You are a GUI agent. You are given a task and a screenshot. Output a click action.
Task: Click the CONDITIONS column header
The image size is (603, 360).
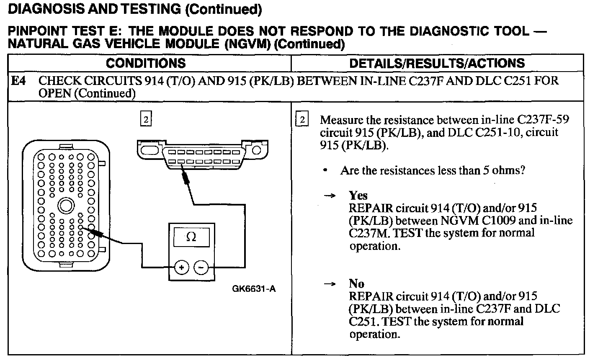[x=145, y=63]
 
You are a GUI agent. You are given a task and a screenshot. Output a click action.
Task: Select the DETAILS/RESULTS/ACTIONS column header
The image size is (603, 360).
[x=437, y=63]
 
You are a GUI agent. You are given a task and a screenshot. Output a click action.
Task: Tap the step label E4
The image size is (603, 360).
[x=18, y=80]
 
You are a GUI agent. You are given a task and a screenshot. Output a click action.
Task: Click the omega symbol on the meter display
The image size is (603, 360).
[x=191, y=237]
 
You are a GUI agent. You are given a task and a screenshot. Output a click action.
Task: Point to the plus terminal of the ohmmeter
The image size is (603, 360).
[x=181, y=267]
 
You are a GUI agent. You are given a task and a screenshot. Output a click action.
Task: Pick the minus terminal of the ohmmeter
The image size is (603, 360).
[x=201, y=267]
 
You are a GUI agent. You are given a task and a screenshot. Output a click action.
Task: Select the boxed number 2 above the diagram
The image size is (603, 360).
[x=145, y=119]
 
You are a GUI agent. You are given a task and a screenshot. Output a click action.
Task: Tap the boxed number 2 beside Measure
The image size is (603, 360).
[x=301, y=120]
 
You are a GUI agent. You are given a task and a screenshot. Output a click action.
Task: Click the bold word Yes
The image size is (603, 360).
[x=358, y=195]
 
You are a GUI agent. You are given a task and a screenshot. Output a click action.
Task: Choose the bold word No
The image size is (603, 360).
[x=356, y=283]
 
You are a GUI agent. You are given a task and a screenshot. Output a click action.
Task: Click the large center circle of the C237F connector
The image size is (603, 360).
[x=65, y=206]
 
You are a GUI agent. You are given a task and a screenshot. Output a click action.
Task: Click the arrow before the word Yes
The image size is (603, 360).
[x=331, y=196]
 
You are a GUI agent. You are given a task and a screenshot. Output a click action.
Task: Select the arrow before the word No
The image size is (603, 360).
[x=331, y=284]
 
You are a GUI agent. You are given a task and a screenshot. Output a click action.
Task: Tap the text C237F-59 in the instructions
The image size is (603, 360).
[x=543, y=120]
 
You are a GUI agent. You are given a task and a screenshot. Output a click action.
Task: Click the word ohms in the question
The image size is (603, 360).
[x=510, y=170]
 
